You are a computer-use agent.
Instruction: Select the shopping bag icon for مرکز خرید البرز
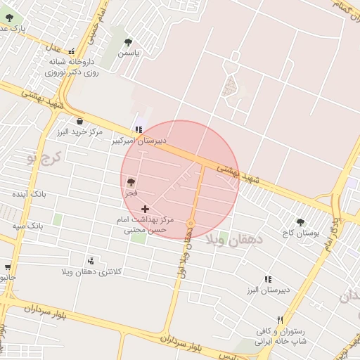click(x=79, y=121)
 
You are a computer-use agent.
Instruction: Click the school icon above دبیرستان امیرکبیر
click(x=139, y=129)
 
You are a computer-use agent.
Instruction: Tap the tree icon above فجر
click(x=131, y=181)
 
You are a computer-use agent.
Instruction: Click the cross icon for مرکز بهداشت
click(x=146, y=209)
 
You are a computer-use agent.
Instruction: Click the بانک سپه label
click(x=28, y=226)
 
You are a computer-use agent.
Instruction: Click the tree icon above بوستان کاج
click(x=301, y=221)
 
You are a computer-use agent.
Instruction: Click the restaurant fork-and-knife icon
click(x=281, y=321)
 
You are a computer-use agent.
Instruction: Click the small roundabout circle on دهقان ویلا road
click(x=190, y=224)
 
